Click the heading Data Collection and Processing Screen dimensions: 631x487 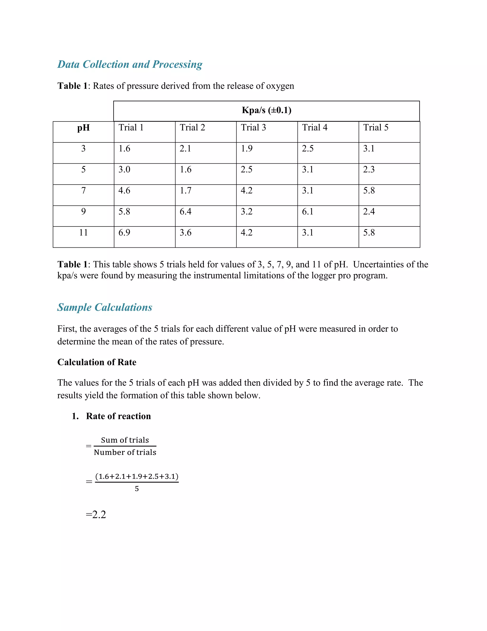point(130,64)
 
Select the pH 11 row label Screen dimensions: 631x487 point(83,233)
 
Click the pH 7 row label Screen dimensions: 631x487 point(83,191)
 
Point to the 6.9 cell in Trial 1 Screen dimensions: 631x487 point(124,233)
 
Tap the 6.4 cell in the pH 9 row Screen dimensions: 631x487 point(185,211)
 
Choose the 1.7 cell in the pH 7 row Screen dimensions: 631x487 point(185,191)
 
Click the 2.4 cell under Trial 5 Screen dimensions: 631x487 point(369,211)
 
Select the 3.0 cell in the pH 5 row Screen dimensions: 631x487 point(124,170)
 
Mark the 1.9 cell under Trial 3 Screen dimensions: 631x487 point(247,149)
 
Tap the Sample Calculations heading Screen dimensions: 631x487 point(105,307)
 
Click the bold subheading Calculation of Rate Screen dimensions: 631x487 point(97,362)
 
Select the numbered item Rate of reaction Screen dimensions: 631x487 point(118,416)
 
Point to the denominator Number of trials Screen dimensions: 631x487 point(125,452)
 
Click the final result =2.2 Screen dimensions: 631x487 point(96,515)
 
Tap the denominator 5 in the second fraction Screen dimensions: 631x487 point(137,489)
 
